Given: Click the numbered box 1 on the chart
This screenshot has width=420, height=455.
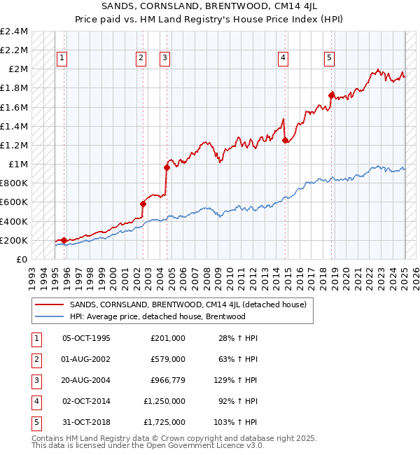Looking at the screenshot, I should point(62,59).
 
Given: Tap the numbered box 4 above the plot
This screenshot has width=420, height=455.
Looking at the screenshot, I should point(283,59).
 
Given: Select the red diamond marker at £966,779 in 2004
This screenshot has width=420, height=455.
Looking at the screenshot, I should point(167,167).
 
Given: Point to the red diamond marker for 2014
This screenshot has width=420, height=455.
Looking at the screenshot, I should point(285,140).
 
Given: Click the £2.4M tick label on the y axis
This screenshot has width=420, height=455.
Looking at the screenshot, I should point(14,31).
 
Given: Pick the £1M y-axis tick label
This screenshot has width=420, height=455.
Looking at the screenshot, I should point(17,164).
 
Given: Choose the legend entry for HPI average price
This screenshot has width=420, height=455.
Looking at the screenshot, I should point(157,316).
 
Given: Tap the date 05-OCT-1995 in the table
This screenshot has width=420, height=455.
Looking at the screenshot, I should point(87,338).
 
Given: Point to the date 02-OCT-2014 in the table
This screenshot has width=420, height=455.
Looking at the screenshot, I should point(87,401).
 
